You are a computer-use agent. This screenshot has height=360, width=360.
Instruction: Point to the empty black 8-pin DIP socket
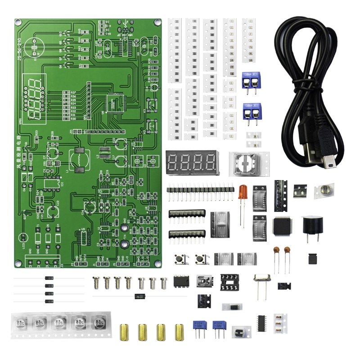[229, 282]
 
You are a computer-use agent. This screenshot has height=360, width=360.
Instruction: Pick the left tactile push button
[182, 259]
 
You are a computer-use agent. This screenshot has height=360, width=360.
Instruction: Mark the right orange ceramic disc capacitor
[287, 251]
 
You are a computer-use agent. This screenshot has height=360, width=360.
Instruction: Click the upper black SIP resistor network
[187, 214]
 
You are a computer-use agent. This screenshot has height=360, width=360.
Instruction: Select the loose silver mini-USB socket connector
[205, 282]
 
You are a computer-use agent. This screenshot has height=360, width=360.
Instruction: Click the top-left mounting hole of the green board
[18, 22]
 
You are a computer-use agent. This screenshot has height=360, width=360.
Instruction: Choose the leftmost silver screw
[96, 282]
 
